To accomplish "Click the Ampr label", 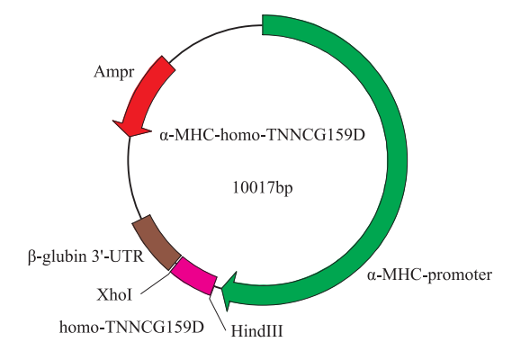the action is (113, 72).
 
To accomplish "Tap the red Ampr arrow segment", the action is (144, 94).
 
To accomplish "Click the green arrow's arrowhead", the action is (230, 291).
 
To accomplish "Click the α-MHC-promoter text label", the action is (429, 275).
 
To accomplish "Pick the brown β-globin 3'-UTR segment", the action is (157, 242).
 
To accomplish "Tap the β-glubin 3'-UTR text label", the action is (85, 256).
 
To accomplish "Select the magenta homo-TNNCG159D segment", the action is (194, 276).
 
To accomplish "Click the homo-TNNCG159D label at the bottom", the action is (131, 327).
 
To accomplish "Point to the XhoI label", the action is (114, 295).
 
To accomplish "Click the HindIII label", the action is (256, 331).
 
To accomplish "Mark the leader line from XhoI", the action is (156, 283).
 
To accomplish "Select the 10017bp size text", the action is (263, 188).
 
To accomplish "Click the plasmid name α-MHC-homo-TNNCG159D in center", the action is (262, 135).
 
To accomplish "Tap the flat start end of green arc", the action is (263, 25).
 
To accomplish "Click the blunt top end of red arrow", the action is (168, 63).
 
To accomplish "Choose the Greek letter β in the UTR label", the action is (31, 257).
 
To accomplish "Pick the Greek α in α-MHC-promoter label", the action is (371, 276).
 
